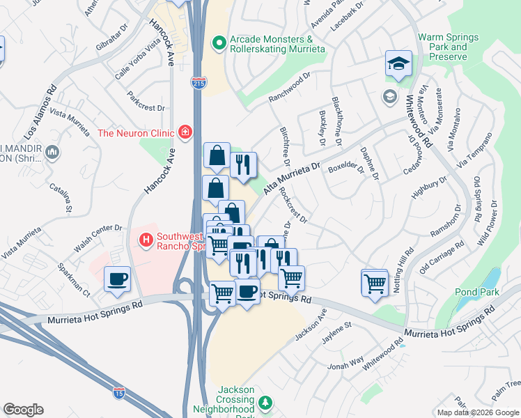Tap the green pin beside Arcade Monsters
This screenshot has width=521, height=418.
coord(219,43)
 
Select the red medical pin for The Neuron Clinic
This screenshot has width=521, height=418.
coord(185,132)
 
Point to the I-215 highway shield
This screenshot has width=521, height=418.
coord(199,83)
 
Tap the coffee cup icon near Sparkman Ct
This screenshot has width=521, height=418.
coord(116,279)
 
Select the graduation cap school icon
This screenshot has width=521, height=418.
coord(398,63)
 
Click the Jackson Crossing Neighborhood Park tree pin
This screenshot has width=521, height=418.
coord(264,403)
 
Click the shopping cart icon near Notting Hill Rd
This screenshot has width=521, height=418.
coord(375,282)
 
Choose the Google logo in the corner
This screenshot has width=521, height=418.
coord(24,410)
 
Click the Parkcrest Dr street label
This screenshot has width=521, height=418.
coord(146,108)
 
